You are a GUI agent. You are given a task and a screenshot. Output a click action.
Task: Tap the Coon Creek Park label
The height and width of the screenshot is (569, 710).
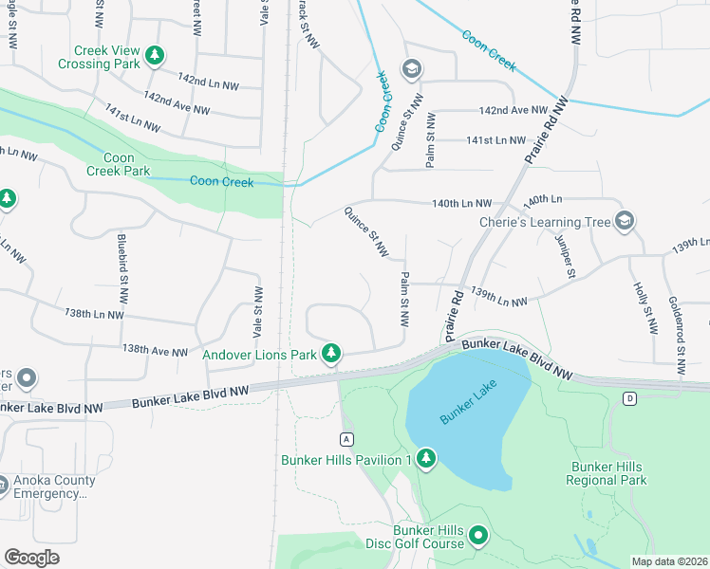[x=119, y=164]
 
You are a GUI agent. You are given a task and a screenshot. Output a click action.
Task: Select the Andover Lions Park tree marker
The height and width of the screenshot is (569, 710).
[x=330, y=354]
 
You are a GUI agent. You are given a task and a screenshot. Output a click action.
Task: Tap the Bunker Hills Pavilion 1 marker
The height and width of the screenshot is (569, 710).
[x=426, y=460]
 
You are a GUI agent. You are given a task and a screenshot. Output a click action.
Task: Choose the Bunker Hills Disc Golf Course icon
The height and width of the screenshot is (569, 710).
[x=478, y=537]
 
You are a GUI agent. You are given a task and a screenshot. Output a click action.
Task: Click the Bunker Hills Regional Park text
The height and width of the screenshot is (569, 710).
[x=608, y=473]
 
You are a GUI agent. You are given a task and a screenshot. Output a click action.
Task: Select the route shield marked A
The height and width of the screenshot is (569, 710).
[x=347, y=438]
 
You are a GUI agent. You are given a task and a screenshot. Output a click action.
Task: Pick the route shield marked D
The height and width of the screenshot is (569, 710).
[x=629, y=398]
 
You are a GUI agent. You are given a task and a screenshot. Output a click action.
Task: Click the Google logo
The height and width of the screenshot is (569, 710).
[x=31, y=558]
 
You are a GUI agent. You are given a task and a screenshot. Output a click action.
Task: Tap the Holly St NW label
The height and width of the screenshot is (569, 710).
[x=645, y=308]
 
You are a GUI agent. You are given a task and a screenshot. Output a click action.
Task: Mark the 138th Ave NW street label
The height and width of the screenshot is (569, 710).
[x=155, y=351]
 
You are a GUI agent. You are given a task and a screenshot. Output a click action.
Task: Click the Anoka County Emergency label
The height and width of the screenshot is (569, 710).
[x=54, y=486]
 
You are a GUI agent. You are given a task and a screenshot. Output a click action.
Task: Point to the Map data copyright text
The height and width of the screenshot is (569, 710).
[x=669, y=561]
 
